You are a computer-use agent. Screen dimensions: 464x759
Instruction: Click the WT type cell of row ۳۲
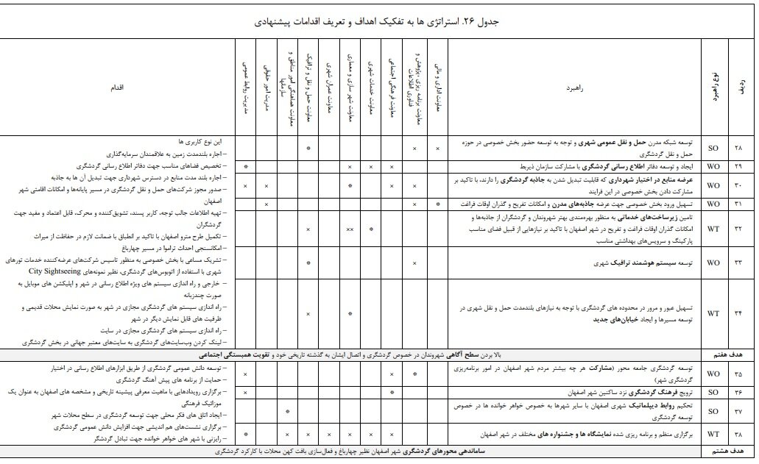pos(713,229)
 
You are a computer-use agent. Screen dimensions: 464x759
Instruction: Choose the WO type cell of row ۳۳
pos(713,262)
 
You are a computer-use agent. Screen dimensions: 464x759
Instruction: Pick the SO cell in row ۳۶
pos(713,392)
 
